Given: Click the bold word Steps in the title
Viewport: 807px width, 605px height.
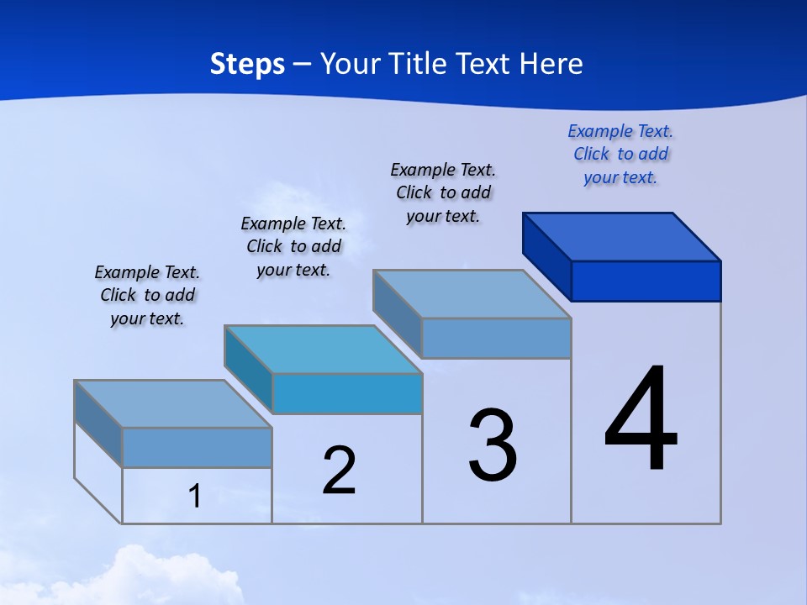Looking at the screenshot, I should coord(247,64).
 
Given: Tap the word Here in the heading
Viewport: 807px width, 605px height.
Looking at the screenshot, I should coord(551,64).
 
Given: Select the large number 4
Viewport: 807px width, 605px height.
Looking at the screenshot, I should coord(641,420).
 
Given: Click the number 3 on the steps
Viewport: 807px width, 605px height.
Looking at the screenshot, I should coord(493,445).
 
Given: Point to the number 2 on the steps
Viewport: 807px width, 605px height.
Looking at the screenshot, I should coord(340,471).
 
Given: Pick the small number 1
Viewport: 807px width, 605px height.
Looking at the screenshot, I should coord(195,497).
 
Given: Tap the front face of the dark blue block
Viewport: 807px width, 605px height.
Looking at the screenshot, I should coord(646,281).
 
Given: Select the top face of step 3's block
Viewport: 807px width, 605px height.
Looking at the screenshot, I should coord(472,294).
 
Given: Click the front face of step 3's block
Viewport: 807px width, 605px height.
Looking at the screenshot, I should coord(496,338).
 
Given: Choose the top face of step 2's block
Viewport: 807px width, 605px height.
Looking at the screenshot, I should coord(323,350).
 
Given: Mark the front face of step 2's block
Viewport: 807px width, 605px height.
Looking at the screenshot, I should coord(346,393).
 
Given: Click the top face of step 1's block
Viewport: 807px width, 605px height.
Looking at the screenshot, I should coord(173,404).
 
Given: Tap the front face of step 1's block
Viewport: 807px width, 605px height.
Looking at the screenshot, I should coord(197,447).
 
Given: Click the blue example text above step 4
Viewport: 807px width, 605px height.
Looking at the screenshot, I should coord(620,155).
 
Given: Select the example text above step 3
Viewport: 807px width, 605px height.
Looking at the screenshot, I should coord(443,193).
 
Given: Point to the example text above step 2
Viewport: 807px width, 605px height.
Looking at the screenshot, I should coord(293,246).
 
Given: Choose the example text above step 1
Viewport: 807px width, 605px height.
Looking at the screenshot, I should coord(147,295).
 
